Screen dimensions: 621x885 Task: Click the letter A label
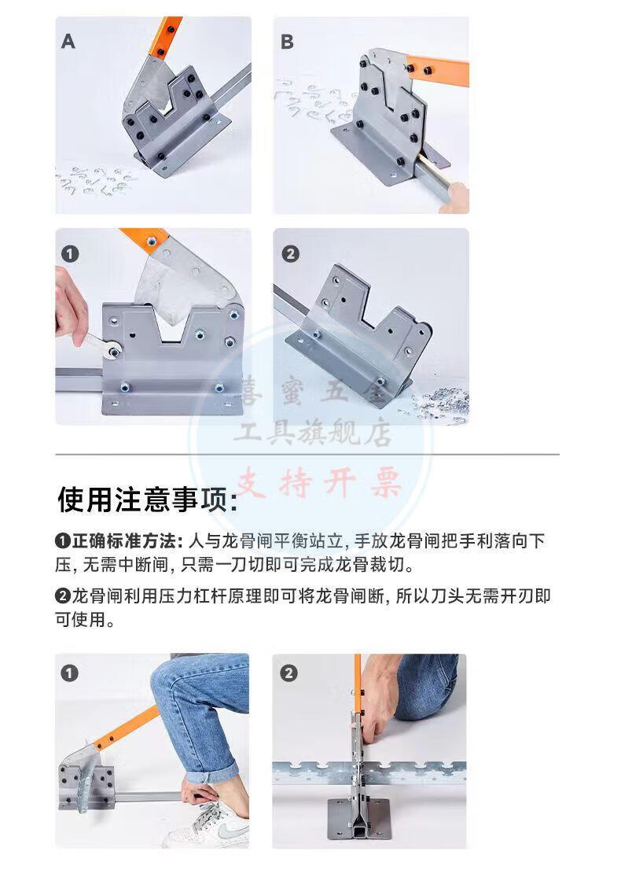[68, 42]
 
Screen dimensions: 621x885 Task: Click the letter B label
[287, 42]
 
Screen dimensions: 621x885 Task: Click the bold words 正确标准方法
[124, 541]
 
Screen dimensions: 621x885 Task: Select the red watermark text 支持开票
[319, 484]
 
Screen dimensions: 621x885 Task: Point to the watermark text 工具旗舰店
[312, 433]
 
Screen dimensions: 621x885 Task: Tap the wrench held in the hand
[100, 345]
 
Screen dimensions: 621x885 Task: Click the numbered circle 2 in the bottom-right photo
[288, 673]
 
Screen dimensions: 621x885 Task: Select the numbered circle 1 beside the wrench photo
[70, 254]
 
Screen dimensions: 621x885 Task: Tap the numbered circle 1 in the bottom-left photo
[69, 673]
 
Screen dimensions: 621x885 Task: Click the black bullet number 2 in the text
[63, 596]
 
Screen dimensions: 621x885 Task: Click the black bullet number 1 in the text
[63, 542]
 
